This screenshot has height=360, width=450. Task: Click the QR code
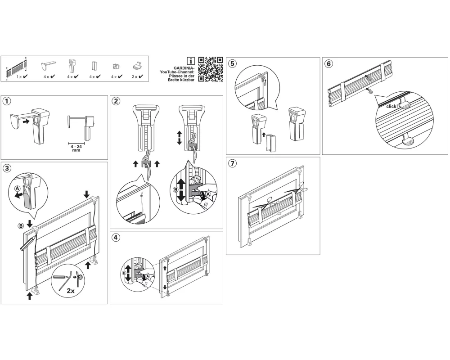click(x=210, y=69)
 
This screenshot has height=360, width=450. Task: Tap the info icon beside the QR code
click(x=190, y=61)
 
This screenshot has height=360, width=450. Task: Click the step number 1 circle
click(x=7, y=101)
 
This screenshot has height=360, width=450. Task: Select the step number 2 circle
click(x=116, y=101)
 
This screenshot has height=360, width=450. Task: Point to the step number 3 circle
click(x=7, y=168)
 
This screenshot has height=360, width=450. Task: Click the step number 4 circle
click(x=116, y=238)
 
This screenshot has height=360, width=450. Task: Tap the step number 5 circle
click(x=232, y=63)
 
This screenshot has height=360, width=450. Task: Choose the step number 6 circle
click(x=328, y=63)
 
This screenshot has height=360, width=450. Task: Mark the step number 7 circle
click(x=232, y=163)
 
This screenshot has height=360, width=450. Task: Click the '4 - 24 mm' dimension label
click(x=76, y=148)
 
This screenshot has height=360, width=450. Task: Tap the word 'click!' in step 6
click(x=392, y=106)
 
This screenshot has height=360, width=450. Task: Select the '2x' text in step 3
click(x=71, y=291)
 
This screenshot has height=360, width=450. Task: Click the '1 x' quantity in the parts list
click(x=19, y=77)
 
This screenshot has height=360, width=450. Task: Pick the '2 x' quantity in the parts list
click(x=134, y=77)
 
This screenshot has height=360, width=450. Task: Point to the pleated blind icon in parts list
click(x=17, y=68)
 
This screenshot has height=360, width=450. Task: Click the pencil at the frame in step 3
click(x=28, y=243)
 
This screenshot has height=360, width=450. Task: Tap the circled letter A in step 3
click(x=18, y=189)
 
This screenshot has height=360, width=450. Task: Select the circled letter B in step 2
click(x=175, y=190)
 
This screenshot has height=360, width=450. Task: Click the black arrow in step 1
click(x=26, y=121)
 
